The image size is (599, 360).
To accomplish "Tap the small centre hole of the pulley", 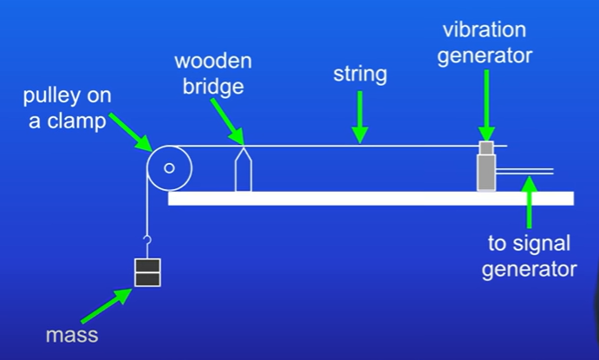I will (x=169, y=168).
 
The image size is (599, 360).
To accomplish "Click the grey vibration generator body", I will (x=485, y=170).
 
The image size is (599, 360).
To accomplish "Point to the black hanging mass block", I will (x=147, y=272).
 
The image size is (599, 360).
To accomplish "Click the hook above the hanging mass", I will (x=147, y=242).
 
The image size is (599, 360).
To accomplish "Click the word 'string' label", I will (x=360, y=75).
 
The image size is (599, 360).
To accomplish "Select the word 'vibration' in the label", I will (x=485, y=30).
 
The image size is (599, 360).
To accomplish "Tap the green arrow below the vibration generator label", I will (x=486, y=101).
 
